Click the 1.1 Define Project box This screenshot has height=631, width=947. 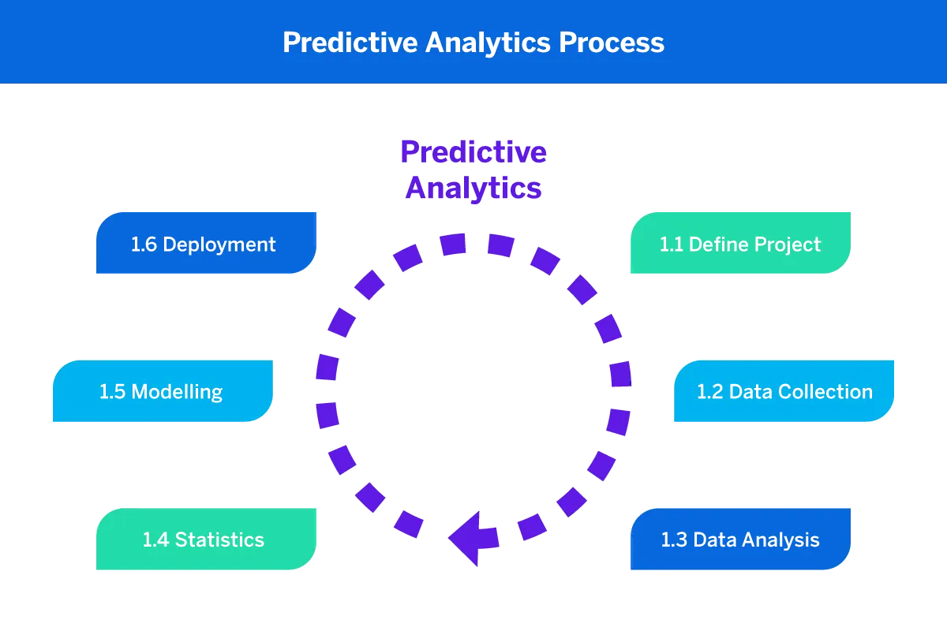tap(739, 243)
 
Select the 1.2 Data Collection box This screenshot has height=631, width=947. tap(784, 391)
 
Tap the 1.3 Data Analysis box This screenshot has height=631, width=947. tap(739, 540)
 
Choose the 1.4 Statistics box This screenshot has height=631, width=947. tap(205, 540)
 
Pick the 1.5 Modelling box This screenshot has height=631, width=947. tap(162, 391)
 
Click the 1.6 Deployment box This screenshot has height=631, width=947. tap(205, 243)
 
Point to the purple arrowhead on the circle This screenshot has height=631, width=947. tap(470, 539)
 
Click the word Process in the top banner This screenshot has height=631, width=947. tap(612, 42)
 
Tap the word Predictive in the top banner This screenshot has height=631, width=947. tap(350, 42)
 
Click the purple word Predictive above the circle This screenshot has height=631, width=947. tap(473, 151)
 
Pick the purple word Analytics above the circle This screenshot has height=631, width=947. tap(473, 189)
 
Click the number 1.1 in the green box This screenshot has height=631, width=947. tap(671, 245)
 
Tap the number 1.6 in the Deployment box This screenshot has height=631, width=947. tap(144, 245)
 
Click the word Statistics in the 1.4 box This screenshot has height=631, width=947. tap(219, 540)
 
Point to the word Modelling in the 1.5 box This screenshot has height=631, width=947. tap(178, 392)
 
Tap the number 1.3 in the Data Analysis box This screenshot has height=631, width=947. tap(672, 540)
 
